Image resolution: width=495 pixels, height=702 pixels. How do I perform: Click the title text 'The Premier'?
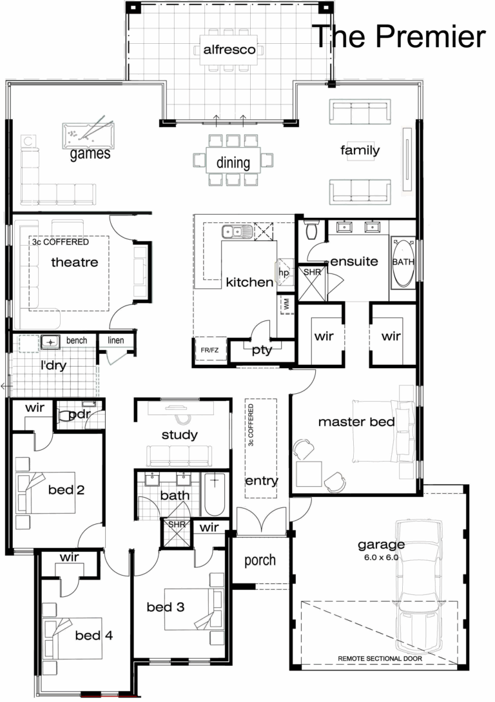tap(398, 37)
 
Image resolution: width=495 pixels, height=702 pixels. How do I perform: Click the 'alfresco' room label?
tap(229, 50)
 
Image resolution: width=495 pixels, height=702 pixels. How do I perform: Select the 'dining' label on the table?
tap(233, 163)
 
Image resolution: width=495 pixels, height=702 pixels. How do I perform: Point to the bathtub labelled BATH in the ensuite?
tap(403, 263)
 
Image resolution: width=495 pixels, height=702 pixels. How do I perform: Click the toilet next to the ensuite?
tap(311, 230)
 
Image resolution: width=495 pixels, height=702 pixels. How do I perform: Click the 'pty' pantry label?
tap(262, 350)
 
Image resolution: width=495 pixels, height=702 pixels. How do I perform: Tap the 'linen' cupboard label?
tap(116, 340)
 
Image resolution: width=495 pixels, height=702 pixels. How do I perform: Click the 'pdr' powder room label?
tap(78, 414)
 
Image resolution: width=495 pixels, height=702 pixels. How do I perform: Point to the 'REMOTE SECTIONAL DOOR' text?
tap(379, 659)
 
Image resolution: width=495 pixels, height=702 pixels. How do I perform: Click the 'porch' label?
tap(260, 560)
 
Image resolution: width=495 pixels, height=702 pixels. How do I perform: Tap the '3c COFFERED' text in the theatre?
tap(61, 242)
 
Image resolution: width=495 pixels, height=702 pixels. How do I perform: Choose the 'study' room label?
tap(180, 435)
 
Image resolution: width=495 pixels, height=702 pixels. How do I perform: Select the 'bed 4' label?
tap(93, 636)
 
